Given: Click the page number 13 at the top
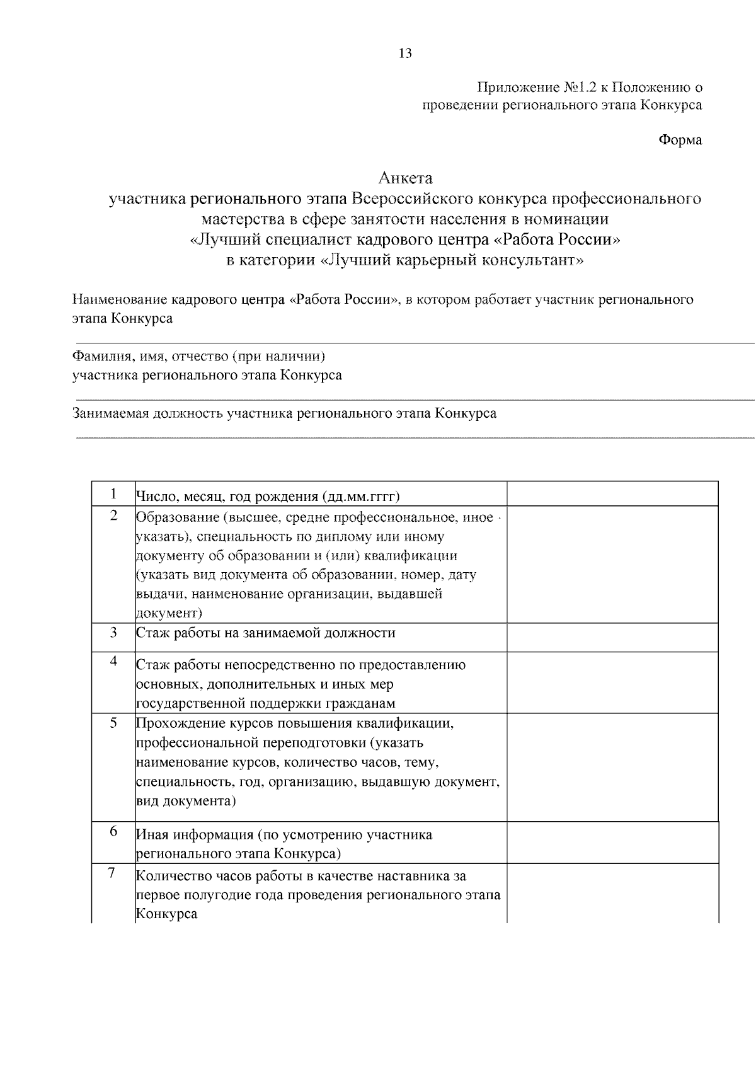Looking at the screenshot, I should pyautogui.click(x=405, y=54).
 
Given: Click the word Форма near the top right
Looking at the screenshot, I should pyautogui.click(x=680, y=140).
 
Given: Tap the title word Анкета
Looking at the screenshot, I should pyautogui.click(x=405, y=178).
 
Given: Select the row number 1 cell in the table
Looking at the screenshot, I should pyautogui.click(x=113, y=493).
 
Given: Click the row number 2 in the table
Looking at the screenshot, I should pyautogui.click(x=113, y=515).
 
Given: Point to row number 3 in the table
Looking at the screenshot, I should pyautogui.click(x=113, y=632).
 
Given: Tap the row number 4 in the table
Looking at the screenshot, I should pyautogui.click(x=113, y=661).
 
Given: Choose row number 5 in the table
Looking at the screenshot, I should pyautogui.click(x=113, y=722).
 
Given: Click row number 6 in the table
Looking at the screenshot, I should pyautogui.click(x=113, y=831).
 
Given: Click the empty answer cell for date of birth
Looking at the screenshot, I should pyautogui.click(x=612, y=493).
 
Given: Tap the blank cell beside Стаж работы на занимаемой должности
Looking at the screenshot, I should pyautogui.click(x=612, y=636).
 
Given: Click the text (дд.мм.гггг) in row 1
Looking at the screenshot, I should pyautogui.click(x=360, y=497).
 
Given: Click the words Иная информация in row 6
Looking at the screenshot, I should pyautogui.click(x=195, y=835).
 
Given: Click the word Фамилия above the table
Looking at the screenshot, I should pyautogui.click(x=101, y=357).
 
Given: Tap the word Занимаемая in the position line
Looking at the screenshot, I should pyautogui.click(x=110, y=414).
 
